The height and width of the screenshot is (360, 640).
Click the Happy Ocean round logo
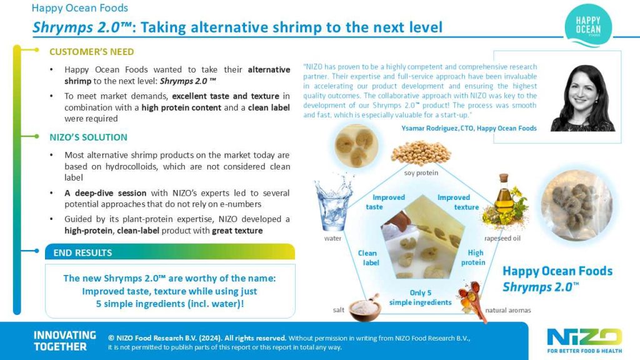pyautogui.click(x=588, y=25)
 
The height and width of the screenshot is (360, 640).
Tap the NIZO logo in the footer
pyautogui.click(x=584, y=341)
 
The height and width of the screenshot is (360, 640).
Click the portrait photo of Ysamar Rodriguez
pyautogui.click(x=583, y=98)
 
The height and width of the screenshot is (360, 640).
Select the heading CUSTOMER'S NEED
pyautogui.click(x=91, y=52)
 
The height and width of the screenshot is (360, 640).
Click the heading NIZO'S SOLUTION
pyautogui.click(x=88, y=137)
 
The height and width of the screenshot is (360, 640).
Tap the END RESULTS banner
pyautogui.click(x=170, y=252)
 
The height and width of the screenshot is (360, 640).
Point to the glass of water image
pyautogui.click(x=333, y=202)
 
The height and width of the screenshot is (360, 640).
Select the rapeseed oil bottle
pyautogui.click(x=505, y=201)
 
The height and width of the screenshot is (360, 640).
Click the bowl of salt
pyautogui.click(x=365, y=307)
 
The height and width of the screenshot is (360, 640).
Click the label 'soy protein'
pyautogui.click(x=421, y=172)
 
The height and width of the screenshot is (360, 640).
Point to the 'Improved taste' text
pyautogui.click(x=385, y=202)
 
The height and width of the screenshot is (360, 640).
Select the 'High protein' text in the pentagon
pyautogui.click(x=474, y=257)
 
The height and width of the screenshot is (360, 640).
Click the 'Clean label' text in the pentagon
pyautogui.click(x=368, y=257)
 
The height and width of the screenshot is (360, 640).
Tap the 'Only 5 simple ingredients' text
pyautogui.click(x=421, y=297)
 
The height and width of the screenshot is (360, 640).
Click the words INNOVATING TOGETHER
pyautogui.click(x=65, y=341)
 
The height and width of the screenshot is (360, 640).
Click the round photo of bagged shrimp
pyautogui.click(x=577, y=205)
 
